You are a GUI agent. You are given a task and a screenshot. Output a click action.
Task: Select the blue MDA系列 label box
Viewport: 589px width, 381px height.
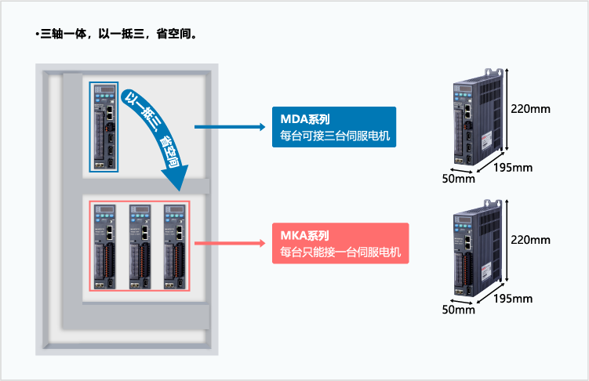pyautogui.click(x=333, y=127)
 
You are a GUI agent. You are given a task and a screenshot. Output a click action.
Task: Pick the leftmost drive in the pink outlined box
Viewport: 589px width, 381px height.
pyautogui.click(x=105, y=245)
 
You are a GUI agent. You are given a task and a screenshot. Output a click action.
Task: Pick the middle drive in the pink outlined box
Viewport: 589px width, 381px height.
pyautogui.click(x=140, y=245)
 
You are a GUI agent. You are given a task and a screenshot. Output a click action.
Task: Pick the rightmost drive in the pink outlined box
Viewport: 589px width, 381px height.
pyautogui.click(x=174, y=245)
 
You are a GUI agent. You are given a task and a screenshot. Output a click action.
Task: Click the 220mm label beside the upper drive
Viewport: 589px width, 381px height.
pyautogui.click(x=530, y=108)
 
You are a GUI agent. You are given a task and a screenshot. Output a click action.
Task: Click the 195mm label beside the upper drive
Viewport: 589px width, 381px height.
pyautogui.click(x=514, y=167)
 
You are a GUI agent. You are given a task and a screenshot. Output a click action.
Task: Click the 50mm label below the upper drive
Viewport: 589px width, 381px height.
pyautogui.click(x=459, y=179)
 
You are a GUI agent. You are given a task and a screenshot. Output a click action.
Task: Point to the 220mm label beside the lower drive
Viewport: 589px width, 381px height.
pyautogui.click(x=530, y=240)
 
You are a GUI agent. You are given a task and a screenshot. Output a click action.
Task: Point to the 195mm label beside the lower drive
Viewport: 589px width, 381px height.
pyautogui.click(x=514, y=298)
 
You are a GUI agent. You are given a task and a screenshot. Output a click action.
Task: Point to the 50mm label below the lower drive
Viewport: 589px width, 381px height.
pyautogui.click(x=459, y=310)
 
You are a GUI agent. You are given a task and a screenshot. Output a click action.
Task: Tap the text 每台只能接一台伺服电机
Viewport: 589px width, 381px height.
pyautogui.click(x=340, y=252)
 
